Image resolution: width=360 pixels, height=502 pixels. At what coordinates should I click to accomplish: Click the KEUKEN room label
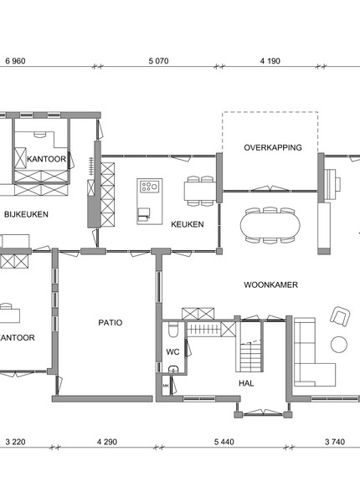click(x=188, y=224)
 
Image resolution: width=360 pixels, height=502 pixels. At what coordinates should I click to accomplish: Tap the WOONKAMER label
click(x=271, y=285)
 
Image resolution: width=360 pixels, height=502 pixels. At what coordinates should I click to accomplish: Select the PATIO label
click(x=111, y=322)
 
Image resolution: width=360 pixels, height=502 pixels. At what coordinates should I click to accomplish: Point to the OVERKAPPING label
click(x=273, y=147)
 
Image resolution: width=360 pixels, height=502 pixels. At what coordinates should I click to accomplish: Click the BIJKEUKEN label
click(x=26, y=214)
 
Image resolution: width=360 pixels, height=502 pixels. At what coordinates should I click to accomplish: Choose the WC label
click(x=172, y=352)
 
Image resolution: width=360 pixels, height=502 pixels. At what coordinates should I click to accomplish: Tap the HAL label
click(x=246, y=383)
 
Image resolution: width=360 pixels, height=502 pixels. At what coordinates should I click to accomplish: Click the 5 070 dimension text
click(x=158, y=61)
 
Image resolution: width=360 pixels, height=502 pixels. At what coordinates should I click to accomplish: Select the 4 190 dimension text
click(x=270, y=61)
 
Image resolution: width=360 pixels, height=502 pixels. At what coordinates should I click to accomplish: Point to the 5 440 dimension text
click(x=224, y=442)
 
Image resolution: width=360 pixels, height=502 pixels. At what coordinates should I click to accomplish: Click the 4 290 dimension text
click(x=107, y=442)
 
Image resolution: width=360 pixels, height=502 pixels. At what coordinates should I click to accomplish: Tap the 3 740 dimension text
click(x=335, y=442)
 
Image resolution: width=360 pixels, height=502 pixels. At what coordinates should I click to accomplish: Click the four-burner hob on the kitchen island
click(x=150, y=187)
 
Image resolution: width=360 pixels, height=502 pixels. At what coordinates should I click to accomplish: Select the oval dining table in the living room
click(x=270, y=225)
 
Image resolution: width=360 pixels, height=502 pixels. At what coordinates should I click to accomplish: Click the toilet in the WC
click(x=173, y=330)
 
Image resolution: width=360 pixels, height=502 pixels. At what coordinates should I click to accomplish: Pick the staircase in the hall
click(x=252, y=356)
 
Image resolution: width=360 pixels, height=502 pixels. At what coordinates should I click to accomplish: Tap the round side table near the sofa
click(x=339, y=345)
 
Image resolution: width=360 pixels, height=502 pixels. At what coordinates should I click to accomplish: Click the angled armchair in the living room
click(x=340, y=316)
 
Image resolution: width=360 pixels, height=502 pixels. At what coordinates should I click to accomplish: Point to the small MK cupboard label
click(x=166, y=386)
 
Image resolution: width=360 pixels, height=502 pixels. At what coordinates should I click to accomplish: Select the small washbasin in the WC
click(x=173, y=369)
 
